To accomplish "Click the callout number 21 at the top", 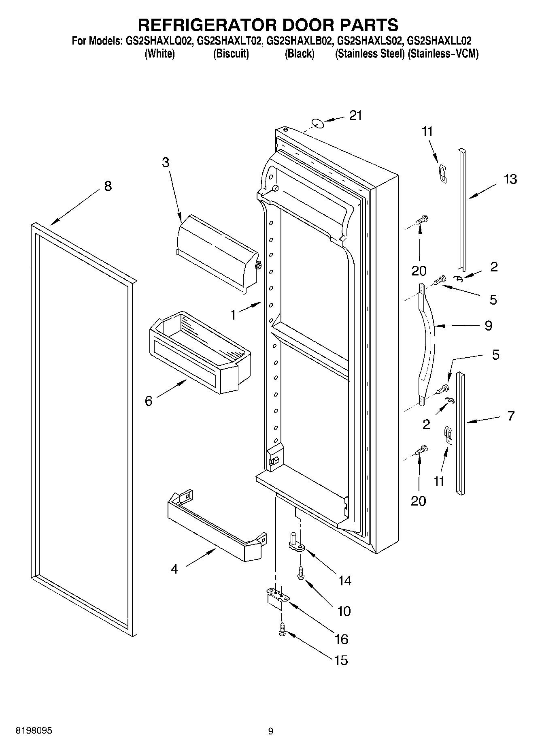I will (355, 115).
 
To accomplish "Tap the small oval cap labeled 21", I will (319, 123).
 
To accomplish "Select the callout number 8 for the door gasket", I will (108, 186).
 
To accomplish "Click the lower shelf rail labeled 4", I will (217, 527).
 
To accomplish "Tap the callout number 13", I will (510, 179).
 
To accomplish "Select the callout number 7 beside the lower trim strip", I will (511, 416).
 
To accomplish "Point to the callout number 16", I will (342, 639).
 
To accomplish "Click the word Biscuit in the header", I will (231, 53).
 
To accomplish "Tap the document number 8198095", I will (34, 731).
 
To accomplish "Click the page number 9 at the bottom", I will (270, 731).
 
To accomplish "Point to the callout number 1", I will (233, 314).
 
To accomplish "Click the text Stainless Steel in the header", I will (370, 53).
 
